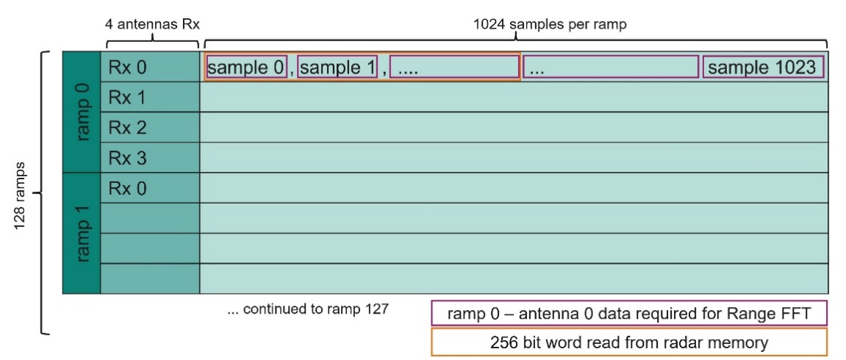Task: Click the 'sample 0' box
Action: (x=246, y=68)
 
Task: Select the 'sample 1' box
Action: (x=337, y=68)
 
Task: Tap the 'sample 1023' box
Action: (x=762, y=68)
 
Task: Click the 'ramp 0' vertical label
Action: (x=82, y=112)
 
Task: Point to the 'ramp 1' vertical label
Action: (x=82, y=233)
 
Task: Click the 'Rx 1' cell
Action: (x=127, y=97)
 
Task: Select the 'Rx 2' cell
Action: (x=127, y=128)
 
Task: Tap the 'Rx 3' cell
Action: (x=127, y=158)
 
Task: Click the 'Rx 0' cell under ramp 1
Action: (x=127, y=189)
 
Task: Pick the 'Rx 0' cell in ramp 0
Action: (x=127, y=68)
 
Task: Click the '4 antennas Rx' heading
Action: (x=151, y=23)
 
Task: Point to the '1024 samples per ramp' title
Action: (x=549, y=23)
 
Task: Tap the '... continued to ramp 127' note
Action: (x=307, y=309)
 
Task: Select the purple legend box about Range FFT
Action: (x=628, y=313)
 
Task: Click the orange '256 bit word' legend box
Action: (x=628, y=342)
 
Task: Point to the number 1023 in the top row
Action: (x=792, y=68)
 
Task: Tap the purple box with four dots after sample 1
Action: (x=454, y=68)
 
